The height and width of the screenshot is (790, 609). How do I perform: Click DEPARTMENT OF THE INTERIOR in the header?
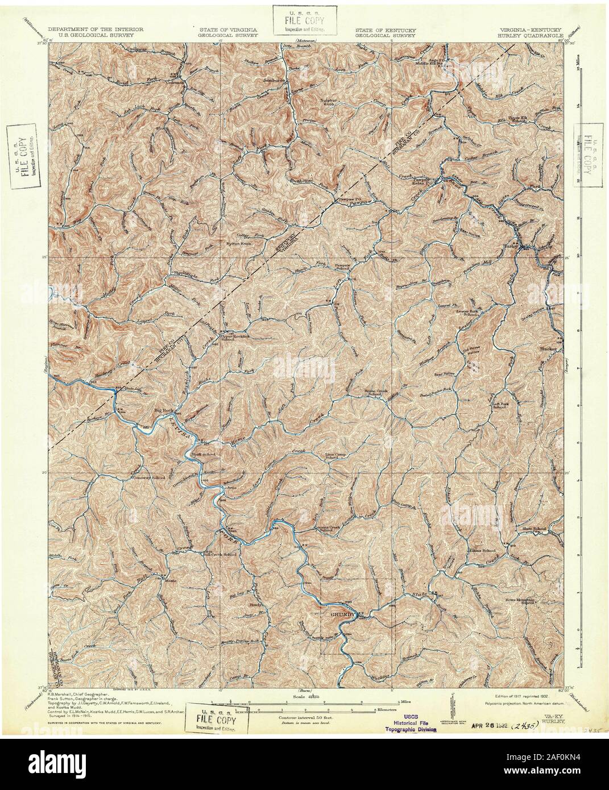[95, 28]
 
